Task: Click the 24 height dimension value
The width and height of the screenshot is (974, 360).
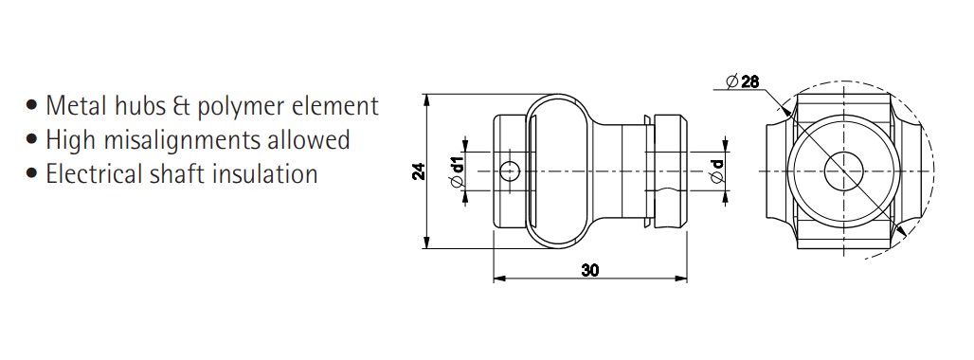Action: [x=420, y=171]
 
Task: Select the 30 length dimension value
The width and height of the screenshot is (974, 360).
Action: [x=590, y=271]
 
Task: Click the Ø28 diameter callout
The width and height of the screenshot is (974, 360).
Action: [x=742, y=81]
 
